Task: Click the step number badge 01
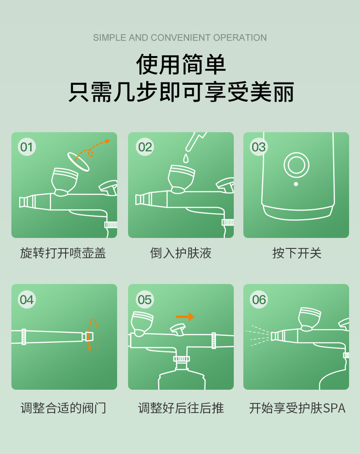(26, 147)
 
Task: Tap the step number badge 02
(145, 147)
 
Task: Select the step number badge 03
(258, 147)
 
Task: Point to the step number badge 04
(26, 299)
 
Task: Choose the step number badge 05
(145, 299)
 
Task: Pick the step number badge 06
(259, 299)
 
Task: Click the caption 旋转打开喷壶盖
(63, 253)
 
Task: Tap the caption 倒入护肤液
(180, 253)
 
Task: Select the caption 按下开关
(297, 253)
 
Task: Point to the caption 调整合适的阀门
(63, 408)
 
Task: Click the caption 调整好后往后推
(181, 408)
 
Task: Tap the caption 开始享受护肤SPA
(297, 408)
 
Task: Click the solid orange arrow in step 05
(185, 317)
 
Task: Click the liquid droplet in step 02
(185, 158)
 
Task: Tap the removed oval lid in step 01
(78, 161)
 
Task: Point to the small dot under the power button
(296, 184)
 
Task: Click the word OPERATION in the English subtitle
(240, 38)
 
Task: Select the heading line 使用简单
(181, 64)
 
